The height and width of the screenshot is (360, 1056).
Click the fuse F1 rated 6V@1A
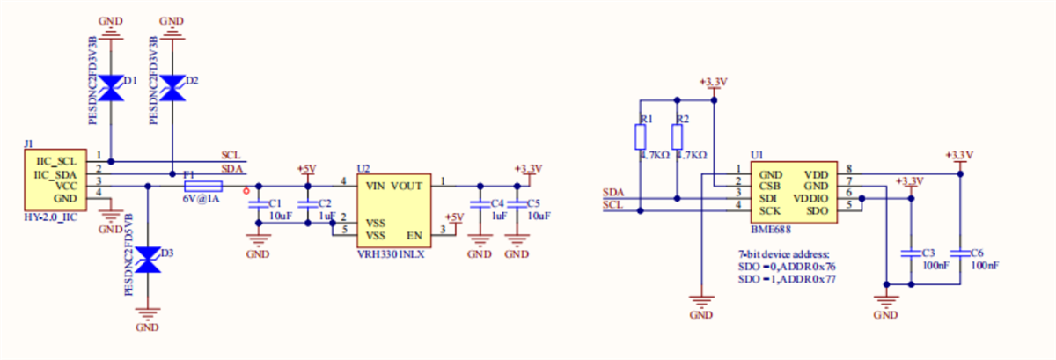tap(203, 186)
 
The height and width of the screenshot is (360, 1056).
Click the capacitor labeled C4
tap(479, 204)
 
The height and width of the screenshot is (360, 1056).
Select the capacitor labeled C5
tap(517, 204)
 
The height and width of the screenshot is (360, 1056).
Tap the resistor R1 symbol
tap(642, 137)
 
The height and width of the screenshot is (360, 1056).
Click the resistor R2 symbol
tap(677, 137)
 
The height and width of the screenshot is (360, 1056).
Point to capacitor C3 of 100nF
tap(909, 253)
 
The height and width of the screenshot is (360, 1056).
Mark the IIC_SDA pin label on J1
tap(56, 175)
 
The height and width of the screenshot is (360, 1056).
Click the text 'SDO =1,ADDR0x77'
tap(786, 278)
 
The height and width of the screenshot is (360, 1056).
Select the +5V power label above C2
tap(306, 168)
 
